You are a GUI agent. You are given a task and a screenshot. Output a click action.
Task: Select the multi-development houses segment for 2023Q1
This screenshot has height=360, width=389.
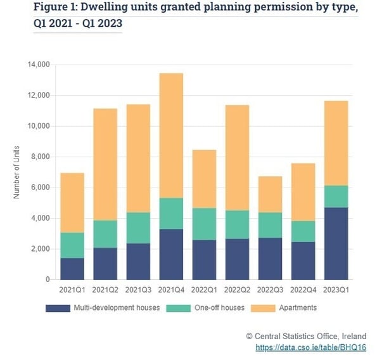(336, 243)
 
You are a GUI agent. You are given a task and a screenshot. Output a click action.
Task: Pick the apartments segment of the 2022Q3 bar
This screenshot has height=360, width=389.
(271, 194)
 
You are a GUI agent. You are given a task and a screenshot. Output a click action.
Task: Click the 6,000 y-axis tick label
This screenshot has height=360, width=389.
(40, 188)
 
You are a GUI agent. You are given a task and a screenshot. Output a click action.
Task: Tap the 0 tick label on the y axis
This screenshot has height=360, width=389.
(47, 280)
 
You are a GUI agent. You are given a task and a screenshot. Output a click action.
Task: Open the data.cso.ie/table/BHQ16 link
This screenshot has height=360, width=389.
(310, 347)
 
